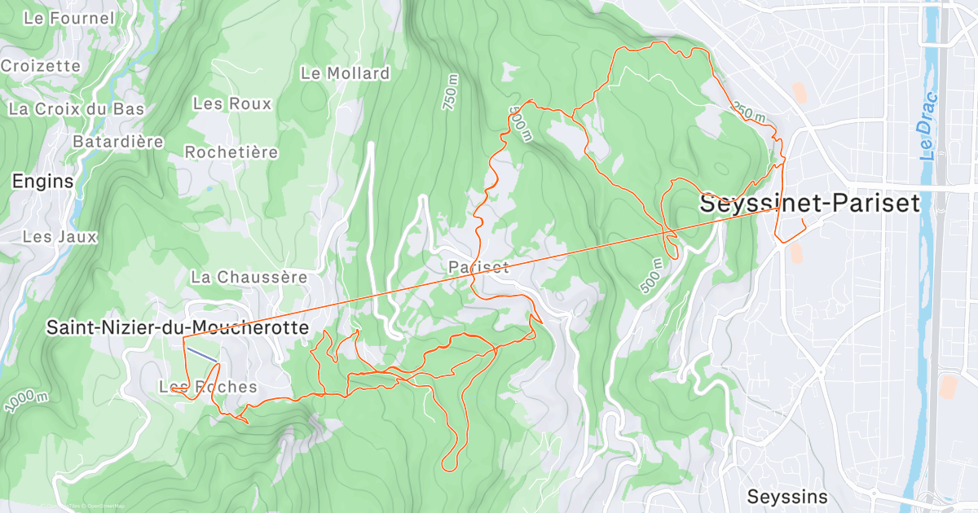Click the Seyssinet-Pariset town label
tap(810, 204)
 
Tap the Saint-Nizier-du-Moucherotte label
tap(178, 327)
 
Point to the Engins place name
tap(42, 182)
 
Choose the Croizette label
tap(41, 66)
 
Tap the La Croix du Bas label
tap(76, 108)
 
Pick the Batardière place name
tap(118, 142)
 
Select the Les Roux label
tap(231, 103)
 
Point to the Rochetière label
tap(231, 152)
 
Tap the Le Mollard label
tap(345, 73)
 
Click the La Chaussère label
tap(249, 277)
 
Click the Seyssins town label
tap(787, 496)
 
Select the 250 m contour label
tap(748, 112)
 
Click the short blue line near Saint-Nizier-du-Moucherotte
tap(201, 355)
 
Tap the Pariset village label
tap(478, 267)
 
